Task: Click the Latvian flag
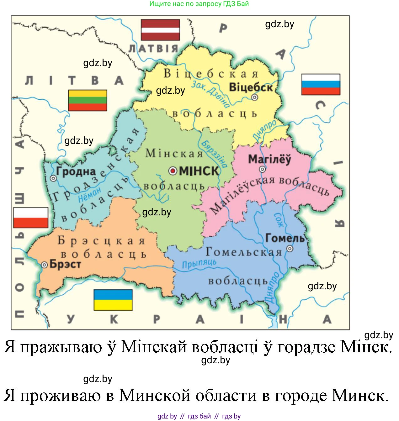(x=160, y=30)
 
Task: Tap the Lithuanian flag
(x=88, y=100)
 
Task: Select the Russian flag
(x=321, y=84)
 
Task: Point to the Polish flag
(x=31, y=218)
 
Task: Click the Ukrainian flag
(x=113, y=300)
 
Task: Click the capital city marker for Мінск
(x=173, y=171)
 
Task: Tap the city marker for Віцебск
(x=255, y=97)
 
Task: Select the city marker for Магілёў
(x=262, y=169)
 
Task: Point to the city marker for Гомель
(x=290, y=249)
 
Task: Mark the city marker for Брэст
(x=45, y=265)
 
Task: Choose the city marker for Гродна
(x=53, y=178)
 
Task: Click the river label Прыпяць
(x=199, y=264)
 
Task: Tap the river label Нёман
(x=90, y=194)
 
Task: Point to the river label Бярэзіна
(x=214, y=154)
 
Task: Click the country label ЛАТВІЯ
(x=153, y=49)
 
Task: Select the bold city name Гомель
(x=285, y=238)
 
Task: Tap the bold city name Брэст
(x=65, y=264)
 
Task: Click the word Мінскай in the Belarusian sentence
(x=154, y=347)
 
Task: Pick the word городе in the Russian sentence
(x=301, y=395)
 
